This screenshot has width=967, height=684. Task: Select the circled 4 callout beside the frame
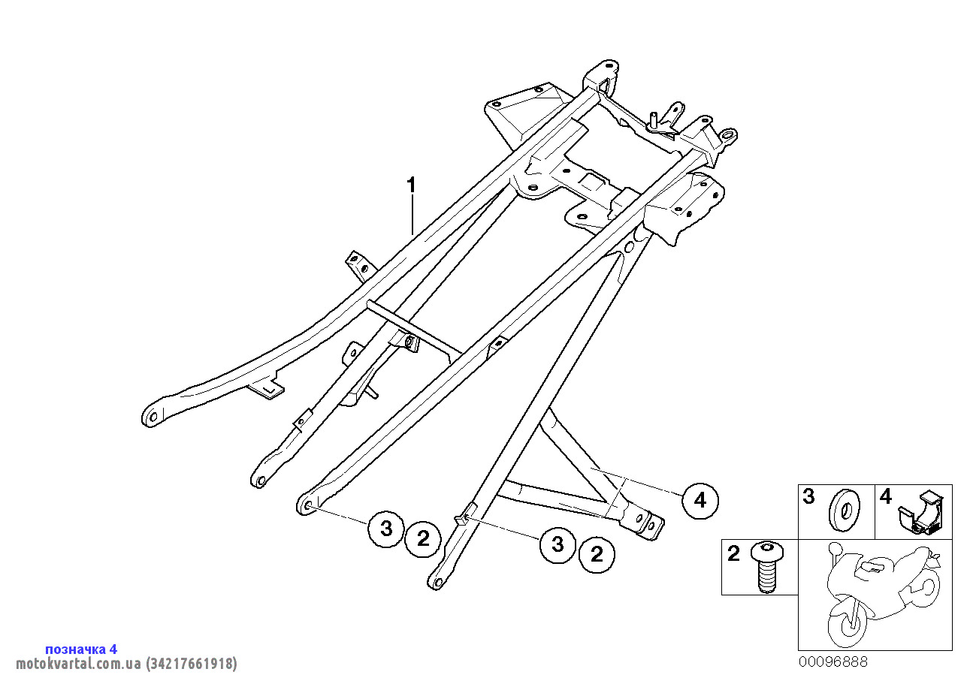(700, 500)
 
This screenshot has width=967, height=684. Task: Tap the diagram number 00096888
(833, 661)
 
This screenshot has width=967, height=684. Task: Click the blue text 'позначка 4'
(81, 649)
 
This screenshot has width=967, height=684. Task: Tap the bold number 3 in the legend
(808, 496)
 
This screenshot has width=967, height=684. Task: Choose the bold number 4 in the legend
(886, 496)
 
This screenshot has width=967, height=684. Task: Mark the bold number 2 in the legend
(733, 555)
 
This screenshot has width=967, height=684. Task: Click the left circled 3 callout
(386, 529)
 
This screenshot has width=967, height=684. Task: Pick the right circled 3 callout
(558, 544)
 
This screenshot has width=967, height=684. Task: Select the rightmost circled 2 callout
(597, 555)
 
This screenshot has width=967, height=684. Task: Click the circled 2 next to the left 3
(423, 538)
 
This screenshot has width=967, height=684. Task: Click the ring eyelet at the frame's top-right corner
(729, 136)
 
